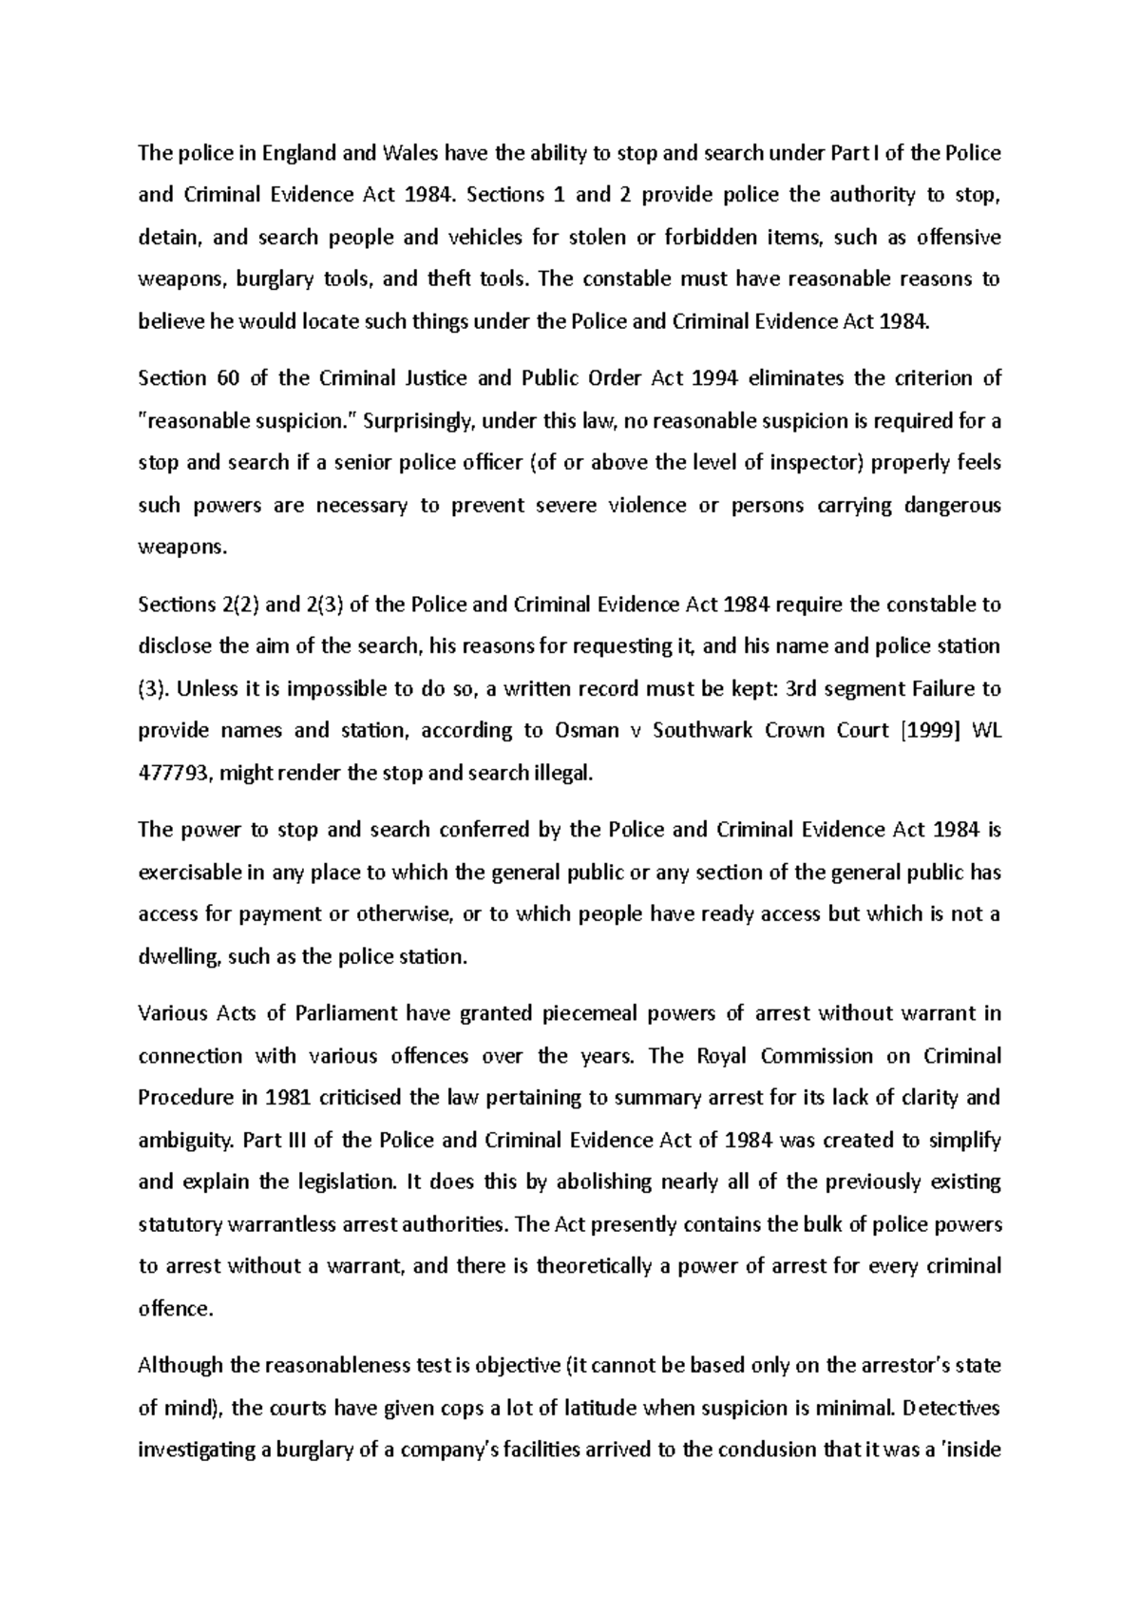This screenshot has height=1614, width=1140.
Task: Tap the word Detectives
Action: tap(953, 1408)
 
